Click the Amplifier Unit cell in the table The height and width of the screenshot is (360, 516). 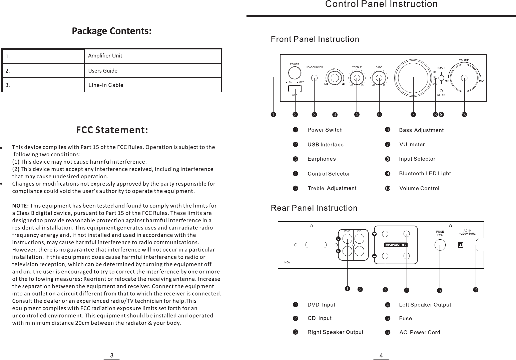point(153,56)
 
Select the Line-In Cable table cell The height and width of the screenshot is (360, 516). point(153,85)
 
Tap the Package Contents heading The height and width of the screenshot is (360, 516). point(112,31)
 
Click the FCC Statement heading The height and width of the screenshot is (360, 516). point(112,130)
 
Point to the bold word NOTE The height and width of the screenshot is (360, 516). point(21,205)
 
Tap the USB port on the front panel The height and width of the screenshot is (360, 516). point(295,89)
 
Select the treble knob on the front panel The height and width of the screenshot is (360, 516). point(357,78)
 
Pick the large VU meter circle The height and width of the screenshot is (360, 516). point(413,77)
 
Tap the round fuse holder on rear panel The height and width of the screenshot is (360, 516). point(440,246)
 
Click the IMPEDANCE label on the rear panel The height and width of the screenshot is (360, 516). point(396,245)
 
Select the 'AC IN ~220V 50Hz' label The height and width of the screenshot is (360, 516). point(467,232)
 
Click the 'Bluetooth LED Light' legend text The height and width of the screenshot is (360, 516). point(425,174)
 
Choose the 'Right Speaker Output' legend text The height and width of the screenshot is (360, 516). point(335,332)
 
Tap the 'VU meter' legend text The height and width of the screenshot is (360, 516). point(412,145)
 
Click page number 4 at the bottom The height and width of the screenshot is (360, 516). point(381,354)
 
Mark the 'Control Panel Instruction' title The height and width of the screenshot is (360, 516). point(381,4)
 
